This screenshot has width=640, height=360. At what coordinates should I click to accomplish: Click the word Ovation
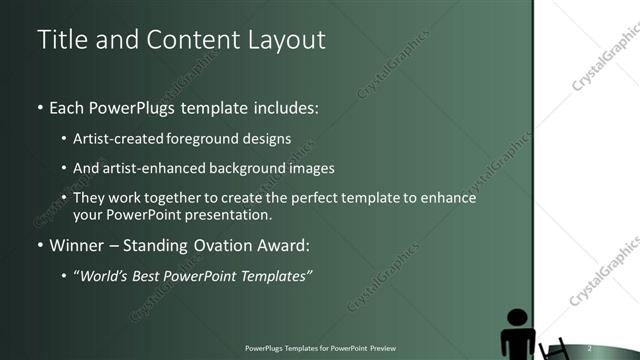228,245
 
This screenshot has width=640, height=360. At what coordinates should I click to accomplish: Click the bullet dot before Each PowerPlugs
40,106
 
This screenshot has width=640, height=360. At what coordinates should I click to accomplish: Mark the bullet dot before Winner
40,246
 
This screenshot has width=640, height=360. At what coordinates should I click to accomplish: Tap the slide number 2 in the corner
590,347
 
